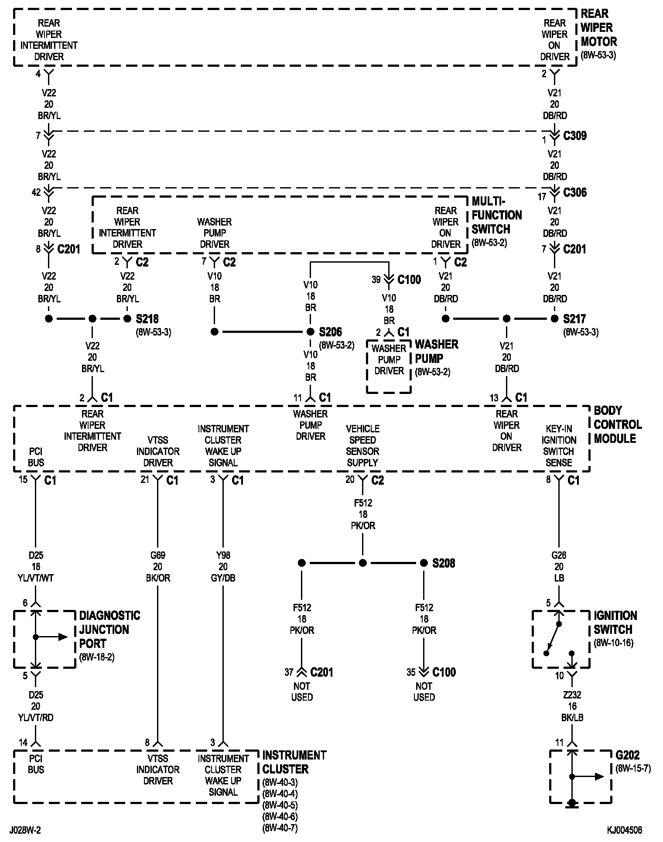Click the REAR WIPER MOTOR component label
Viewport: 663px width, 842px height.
coord(598,28)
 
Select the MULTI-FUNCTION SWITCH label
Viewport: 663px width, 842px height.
coord(496,215)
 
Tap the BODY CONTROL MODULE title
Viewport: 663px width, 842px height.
coord(618,424)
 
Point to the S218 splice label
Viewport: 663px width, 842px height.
coord(147,319)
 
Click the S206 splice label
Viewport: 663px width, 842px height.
coord(330,332)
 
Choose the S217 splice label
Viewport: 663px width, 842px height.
coord(574,319)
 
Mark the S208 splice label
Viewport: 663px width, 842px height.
coord(444,563)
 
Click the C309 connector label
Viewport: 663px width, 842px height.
coord(575,136)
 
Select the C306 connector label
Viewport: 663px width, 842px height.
coord(575,192)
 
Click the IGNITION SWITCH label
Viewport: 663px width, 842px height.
coord(615,623)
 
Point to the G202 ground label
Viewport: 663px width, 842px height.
coord(628,755)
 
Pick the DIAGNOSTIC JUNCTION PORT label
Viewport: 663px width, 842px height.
coord(109,630)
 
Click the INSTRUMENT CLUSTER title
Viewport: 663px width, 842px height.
coord(294,762)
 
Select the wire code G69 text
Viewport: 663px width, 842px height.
coord(158,555)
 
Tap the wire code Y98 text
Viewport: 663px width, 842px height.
coord(223,555)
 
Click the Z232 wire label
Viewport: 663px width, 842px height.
coord(572,695)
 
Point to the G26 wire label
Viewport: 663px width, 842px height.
coord(559,555)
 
